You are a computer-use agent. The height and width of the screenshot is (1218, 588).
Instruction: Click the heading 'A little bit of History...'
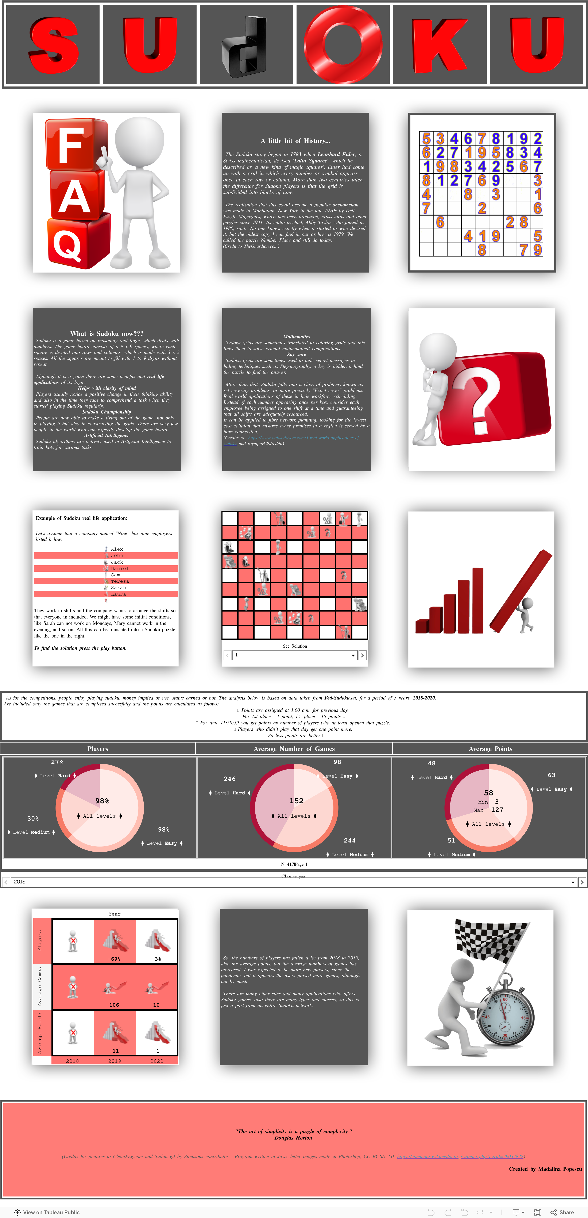click(295, 141)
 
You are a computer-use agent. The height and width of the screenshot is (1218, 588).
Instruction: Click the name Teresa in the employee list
click(120, 581)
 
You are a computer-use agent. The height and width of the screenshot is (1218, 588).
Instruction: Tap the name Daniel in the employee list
click(120, 568)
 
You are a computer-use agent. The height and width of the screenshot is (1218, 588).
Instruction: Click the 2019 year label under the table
click(114, 1061)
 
